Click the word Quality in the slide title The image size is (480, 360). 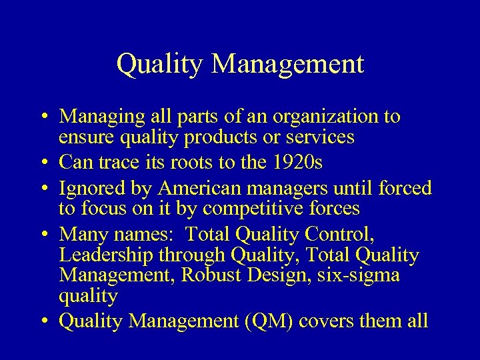[x=158, y=65]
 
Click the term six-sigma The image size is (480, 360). [x=362, y=274]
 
